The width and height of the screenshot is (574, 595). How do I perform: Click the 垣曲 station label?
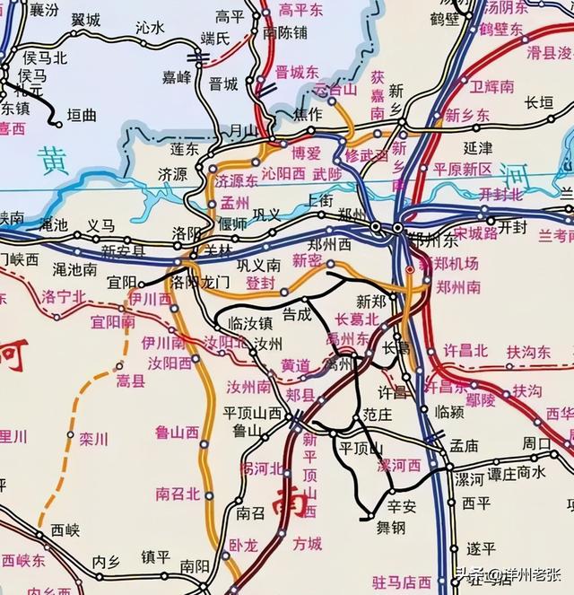pyautogui.click(x=85, y=116)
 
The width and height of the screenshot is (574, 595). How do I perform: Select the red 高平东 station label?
pyautogui.click(x=299, y=10)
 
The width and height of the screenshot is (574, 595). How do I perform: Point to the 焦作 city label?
pyautogui.click(x=307, y=114)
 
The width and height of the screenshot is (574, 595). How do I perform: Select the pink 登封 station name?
pyautogui.click(x=260, y=283)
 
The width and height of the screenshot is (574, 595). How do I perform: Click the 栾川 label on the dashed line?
pyautogui.click(x=93, y=440)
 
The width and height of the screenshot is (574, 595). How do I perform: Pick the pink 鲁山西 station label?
pyautogui.click(x=177, y=433)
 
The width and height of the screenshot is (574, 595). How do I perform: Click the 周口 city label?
pyautogui.click(x=537, y=442)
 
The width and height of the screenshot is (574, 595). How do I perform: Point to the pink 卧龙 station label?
pyautogui.click(x=243, y=544)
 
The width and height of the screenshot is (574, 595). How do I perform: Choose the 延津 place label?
pyautogui.click(x=478, y=147)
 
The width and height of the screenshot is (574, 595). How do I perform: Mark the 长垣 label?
pyautogui.click(x=538, y=102)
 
